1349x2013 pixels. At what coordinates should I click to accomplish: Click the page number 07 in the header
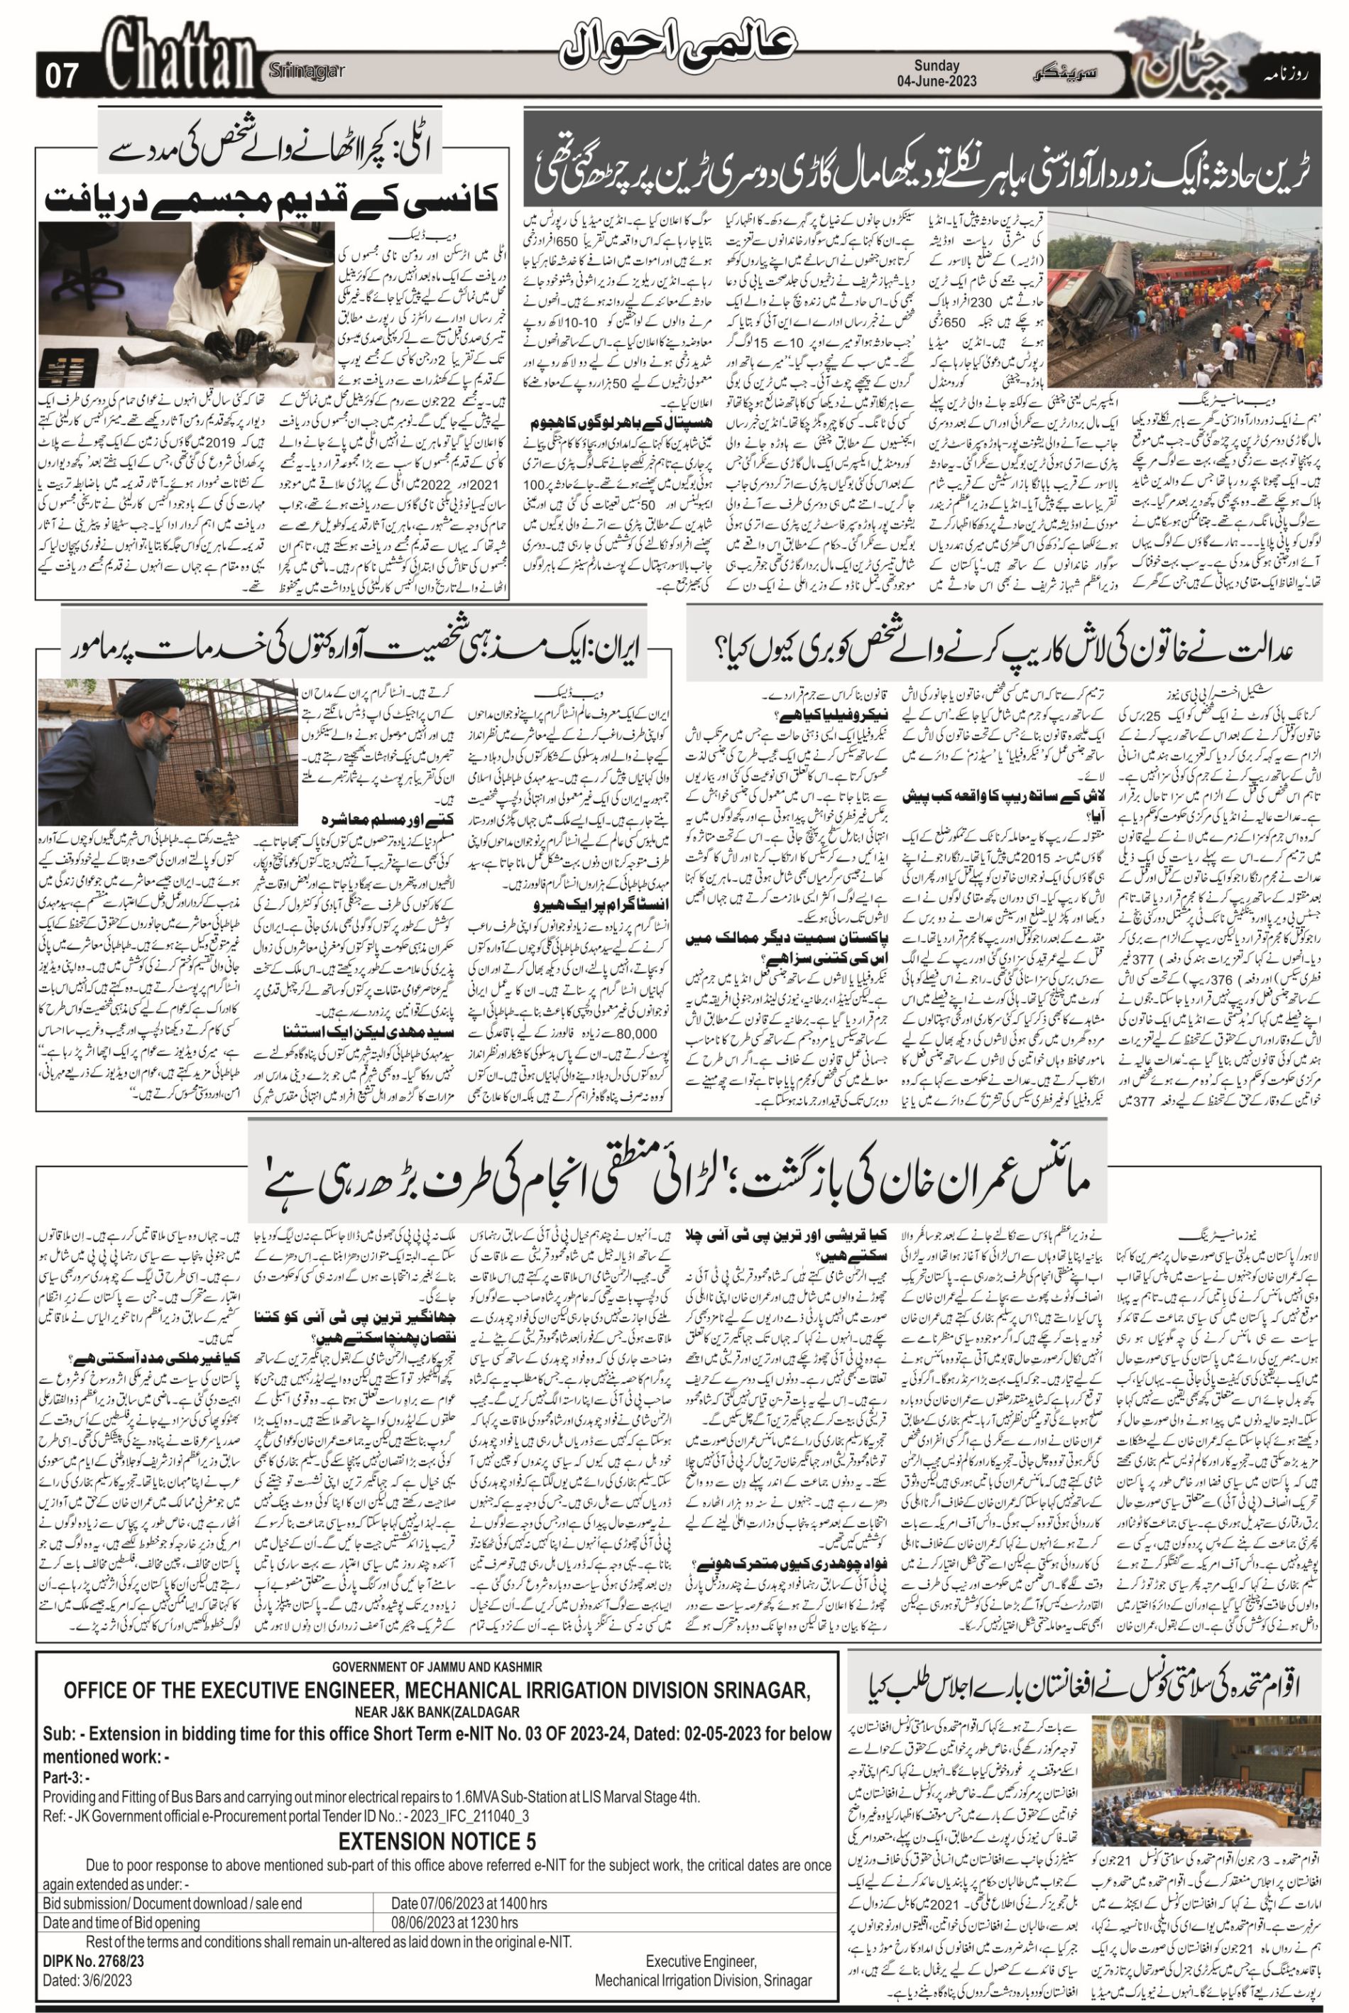coord(62,78)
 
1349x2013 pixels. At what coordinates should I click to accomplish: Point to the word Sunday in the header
coord(936,65)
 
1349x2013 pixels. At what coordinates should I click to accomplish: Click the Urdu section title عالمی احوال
coord(680,54)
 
